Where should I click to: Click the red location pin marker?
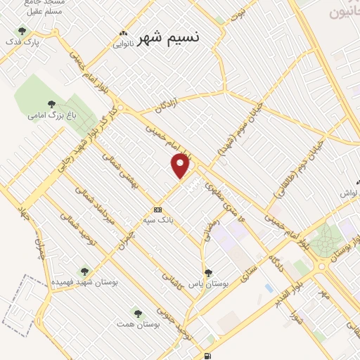click(x=181, y=166)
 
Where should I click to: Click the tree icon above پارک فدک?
click(x=22, y=31)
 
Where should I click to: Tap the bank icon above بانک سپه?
click(x=158, y=209)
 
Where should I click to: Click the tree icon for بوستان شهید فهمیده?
click(x=84, y=271)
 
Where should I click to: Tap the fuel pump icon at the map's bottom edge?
click(x=207, y=354)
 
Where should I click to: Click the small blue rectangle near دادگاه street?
click(x=269, y=288)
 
